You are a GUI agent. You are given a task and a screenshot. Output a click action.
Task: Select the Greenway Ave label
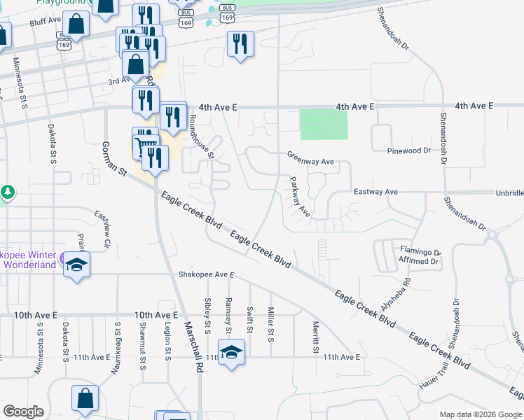pyautogui.click(x=310, y=161)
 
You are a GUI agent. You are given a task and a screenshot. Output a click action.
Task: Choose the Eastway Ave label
pyautogui.click(x=375, y=191)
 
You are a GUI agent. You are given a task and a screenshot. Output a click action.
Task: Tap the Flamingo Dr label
pyautogui.click(x=420, y=252)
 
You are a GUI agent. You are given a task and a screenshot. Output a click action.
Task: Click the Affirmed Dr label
pyautogui.click(x=419, y=262)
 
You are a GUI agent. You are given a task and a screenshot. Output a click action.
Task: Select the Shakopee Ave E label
pyautogui.click(x=205, y=274)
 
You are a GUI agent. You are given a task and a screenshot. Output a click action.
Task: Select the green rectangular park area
pyautogui.click(x=324, y=125)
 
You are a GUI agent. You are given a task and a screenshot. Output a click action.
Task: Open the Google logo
pyautogui.click(x=23, y=412)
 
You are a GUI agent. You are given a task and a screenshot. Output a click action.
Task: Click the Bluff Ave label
pyautogui.click(x=47, y=22)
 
